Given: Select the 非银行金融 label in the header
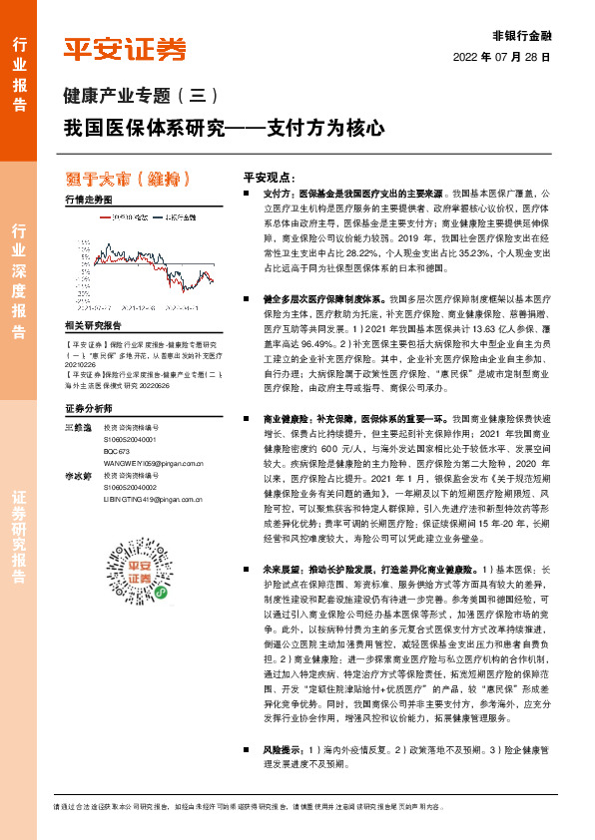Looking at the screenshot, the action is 522,35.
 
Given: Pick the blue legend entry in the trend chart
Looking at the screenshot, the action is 176,215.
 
